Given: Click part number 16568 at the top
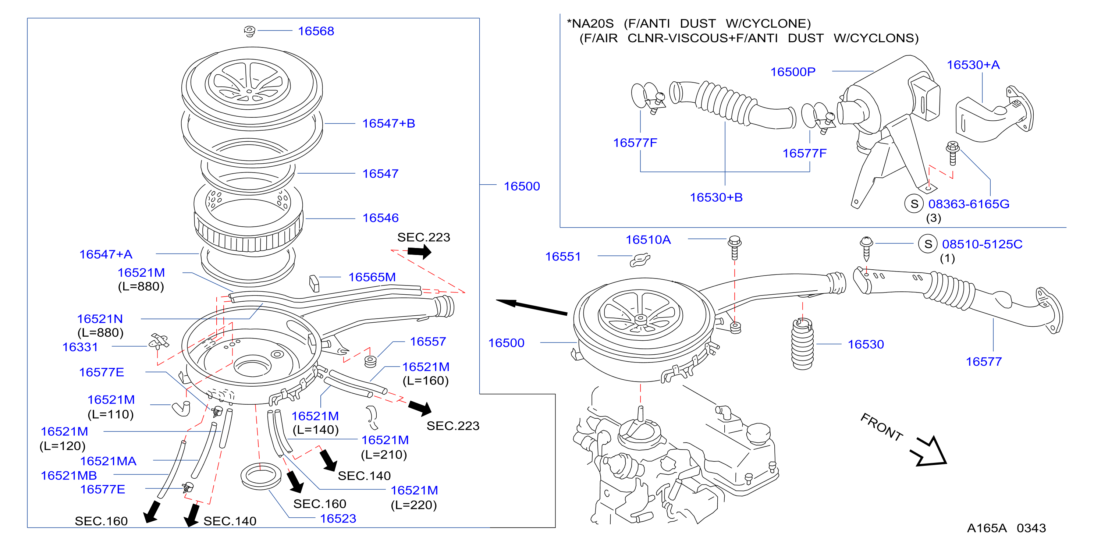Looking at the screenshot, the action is point(316,31).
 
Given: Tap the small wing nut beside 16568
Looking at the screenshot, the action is point(250,31).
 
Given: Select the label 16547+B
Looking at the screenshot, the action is point(388,123).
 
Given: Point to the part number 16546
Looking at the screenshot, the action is point(380,218).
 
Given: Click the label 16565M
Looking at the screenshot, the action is point(372,277).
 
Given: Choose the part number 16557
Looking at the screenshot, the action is point(428,342).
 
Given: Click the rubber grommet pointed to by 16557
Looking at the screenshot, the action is point(370,362).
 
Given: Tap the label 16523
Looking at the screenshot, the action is point(338,518).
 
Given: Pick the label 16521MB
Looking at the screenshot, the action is point(69,475).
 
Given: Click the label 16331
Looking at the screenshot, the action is point(80,347).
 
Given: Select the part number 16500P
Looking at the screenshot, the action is point(793,72).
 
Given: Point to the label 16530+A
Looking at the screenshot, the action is point(973,65).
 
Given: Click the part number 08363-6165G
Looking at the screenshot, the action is point(969,204).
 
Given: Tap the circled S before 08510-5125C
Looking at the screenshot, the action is point(928,244).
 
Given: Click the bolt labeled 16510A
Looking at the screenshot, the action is point(735,248).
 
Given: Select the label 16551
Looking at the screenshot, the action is point(563,257).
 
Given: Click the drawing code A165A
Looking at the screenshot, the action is point(987,528).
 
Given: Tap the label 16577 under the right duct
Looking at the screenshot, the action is point(984,362).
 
